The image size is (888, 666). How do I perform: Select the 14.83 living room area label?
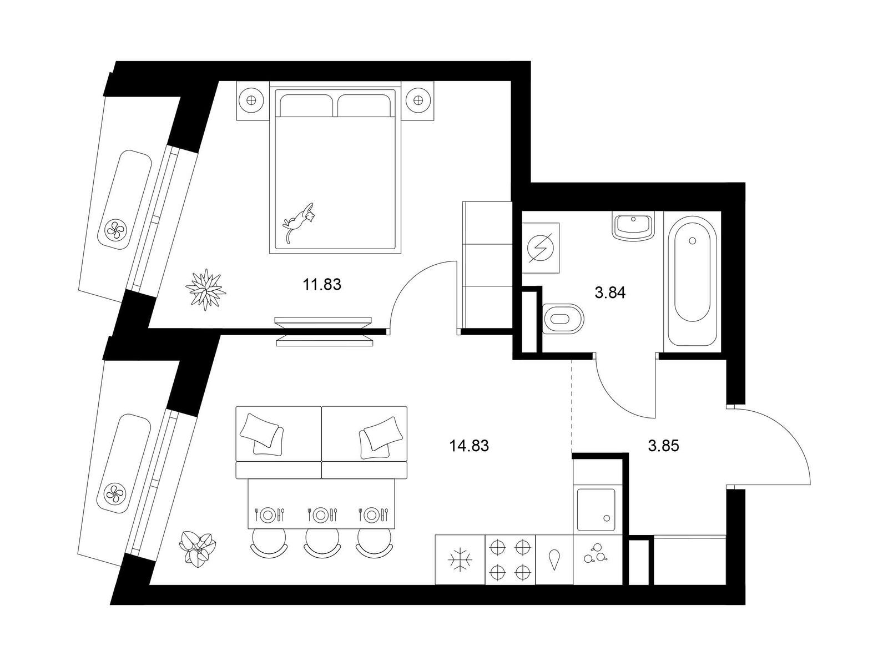click(470, 446)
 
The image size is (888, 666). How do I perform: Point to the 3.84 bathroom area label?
click(610, 292)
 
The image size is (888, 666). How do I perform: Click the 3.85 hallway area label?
click(663, 446)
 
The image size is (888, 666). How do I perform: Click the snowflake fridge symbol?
click(460, 560)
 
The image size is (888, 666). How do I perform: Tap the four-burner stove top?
click(510, 559)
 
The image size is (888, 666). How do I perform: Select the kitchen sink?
click(596, 509)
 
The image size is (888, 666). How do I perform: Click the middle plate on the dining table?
click(321, 515)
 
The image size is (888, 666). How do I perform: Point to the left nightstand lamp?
click(251, 99)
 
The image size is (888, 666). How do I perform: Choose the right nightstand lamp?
click(418, 99)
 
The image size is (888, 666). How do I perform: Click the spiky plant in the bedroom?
click(205, 290)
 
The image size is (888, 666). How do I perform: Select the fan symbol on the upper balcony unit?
click(117, 230)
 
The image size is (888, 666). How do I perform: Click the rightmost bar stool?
click(374, 542)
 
